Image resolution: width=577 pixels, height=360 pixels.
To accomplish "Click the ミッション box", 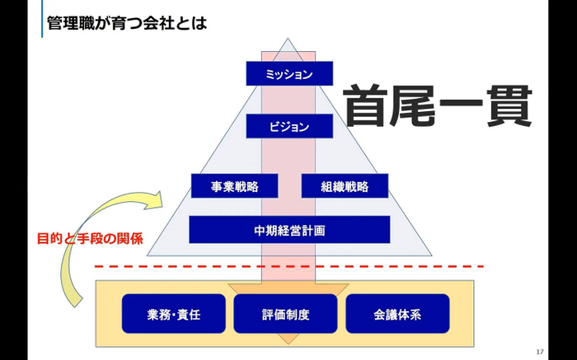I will click(289, 74).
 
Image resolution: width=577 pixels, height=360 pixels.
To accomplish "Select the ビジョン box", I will click(289, 127).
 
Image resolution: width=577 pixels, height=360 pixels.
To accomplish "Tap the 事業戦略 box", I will click(235, 186).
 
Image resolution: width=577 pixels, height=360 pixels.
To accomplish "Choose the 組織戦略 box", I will click(345, 186).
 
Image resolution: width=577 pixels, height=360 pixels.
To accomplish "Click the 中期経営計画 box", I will click(289, 230).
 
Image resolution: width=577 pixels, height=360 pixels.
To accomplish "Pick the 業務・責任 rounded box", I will click(174, 314).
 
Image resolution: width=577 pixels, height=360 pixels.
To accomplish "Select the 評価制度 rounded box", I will click(285, 314).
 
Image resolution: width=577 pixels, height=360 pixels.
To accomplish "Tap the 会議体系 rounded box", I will click(397, 314).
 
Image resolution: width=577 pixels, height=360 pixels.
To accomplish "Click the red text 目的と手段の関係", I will click(90, 240).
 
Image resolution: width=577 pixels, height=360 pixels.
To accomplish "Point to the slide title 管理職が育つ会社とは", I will click(127, 21).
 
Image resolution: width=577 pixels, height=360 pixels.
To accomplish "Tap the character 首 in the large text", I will click(367, 106).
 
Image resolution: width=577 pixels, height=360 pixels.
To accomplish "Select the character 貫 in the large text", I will click(507, 106).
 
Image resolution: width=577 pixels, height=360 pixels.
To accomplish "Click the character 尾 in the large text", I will click(414, 106).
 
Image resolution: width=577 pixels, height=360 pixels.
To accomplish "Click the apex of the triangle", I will click(289, 39).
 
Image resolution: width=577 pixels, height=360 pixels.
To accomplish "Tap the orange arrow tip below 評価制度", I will click(286, 339).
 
